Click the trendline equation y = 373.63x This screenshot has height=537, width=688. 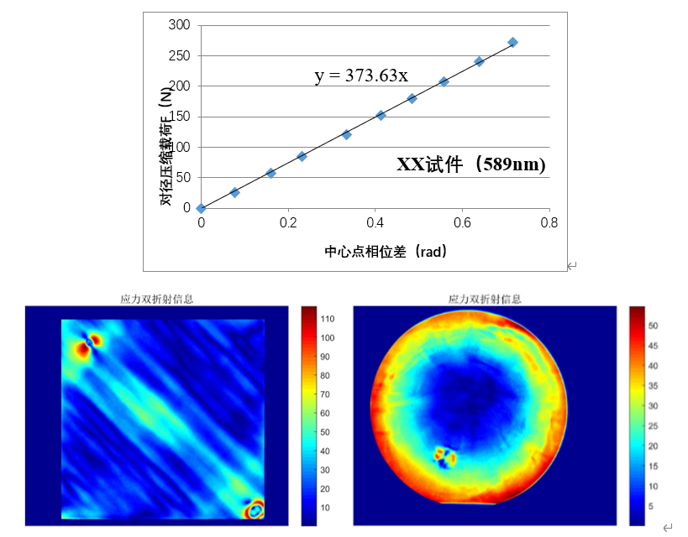pos(361,76)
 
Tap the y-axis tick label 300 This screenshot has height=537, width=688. pos(180,25)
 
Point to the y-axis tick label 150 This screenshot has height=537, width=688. pos(180,117)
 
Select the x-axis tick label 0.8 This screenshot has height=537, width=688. pos(549,223)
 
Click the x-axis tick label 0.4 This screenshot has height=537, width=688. pos(376,223)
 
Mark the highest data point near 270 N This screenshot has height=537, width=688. pos(512,42)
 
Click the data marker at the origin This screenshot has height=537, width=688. pos(201,208)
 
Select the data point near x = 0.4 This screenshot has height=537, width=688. pos(381,115)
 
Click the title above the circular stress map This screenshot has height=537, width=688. pos(486,298)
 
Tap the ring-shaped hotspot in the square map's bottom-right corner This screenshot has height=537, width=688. pos(254,508)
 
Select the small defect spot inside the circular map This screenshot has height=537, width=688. pos(445,456)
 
